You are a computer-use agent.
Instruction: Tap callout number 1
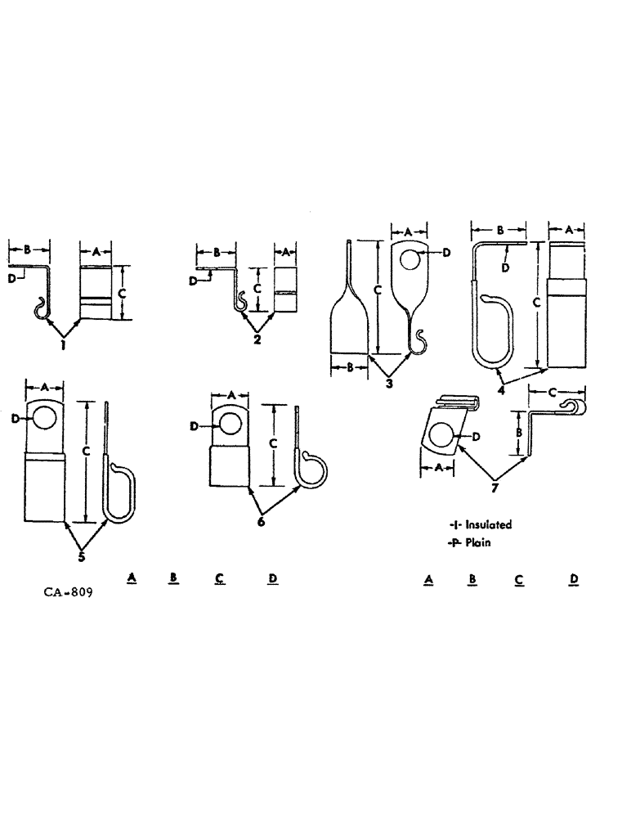62,345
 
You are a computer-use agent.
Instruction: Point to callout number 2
257,339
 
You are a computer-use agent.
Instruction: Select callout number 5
81,557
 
